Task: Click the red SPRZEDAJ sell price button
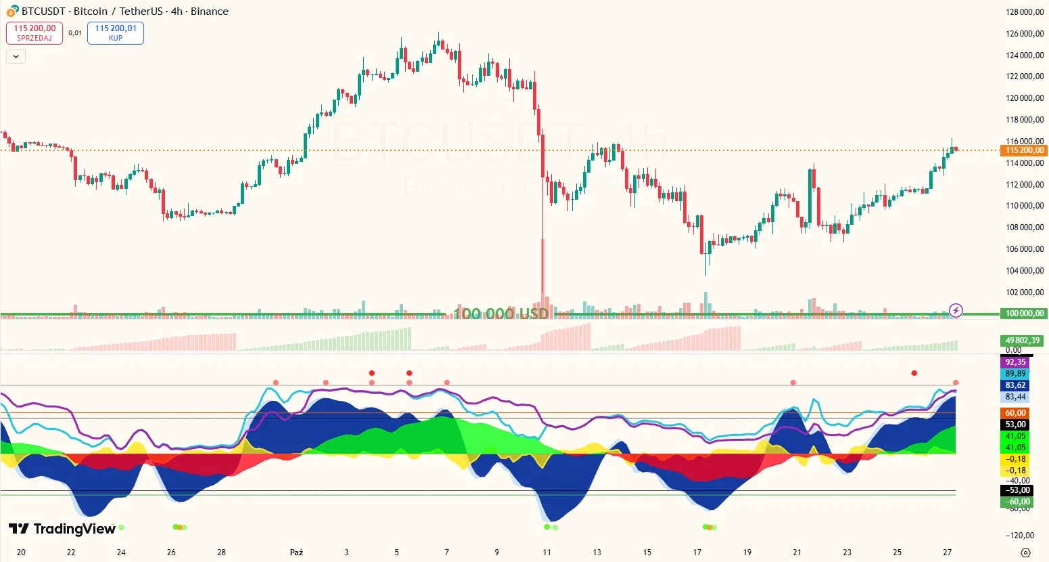[x=34, y=33]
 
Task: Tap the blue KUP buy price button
[x=116, y=33]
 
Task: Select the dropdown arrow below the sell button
[x=16, y=57]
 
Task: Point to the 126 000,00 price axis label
[x=1025, y=34]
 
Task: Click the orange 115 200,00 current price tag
[x=1024, y=150]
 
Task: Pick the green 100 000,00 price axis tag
[x=1024, y=314]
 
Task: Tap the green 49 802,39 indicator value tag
[x=1022, y=341]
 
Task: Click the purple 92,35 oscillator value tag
[x=1015, y=362]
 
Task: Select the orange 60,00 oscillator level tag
[x=1015, y=413]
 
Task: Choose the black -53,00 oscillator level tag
[x=1015, y=490]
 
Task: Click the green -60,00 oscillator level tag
[x=1015, y=502]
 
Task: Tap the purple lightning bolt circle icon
[x=956, y=311]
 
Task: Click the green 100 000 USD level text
[x=500, y=314]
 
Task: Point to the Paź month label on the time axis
[x=296, y=553]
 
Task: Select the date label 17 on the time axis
[x=697, y=553]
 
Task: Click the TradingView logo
[x=62, y=529]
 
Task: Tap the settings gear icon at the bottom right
[x=1025, y=553]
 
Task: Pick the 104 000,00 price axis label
[x=1025, y=271]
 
